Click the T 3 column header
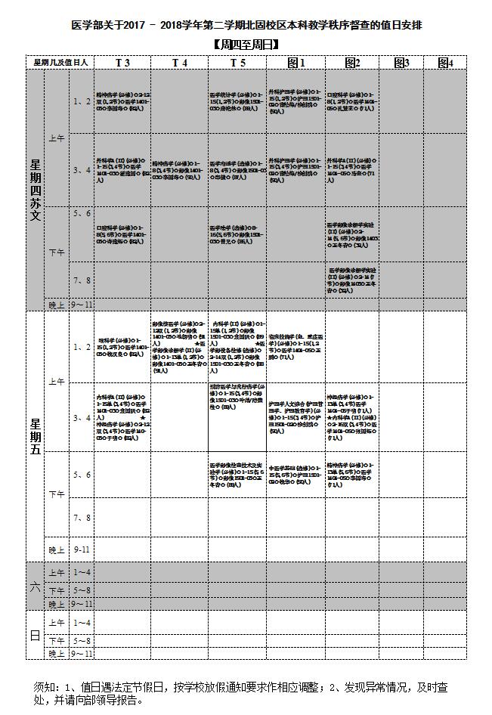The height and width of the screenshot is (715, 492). pyautogui.click(x=122, y=63)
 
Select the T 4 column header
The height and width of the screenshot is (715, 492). pyautogui.click(x=180, y=63)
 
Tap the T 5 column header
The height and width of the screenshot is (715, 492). pyautogui.click(x=237, y=63)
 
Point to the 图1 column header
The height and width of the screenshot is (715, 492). pyautogui.click(x=296, y=63)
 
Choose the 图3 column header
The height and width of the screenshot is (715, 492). pyautogui.click(x=401, y=63)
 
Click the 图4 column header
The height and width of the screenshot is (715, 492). pyautogui.click(x=445, y=63)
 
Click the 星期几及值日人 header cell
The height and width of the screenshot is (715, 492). pyautogui.click(x=60, y=63)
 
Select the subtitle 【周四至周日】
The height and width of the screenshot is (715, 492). pyautogui.click(x=246, y=45)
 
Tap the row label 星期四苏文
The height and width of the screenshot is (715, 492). pyautogui.click(x=35, y=189)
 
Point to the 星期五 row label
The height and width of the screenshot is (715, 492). pyautogui.click(x=35, y=435)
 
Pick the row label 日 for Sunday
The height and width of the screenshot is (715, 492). pyautogui.click(x=35, y=636)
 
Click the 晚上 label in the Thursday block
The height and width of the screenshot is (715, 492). pyautogui.click(x=57, y=305)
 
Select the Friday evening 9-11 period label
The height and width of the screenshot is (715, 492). pyautogui.click(x=81, y=549)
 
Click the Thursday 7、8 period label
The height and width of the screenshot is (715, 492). pyautogui.click(x=81, y=280)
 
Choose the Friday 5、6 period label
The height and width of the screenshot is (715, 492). pyautogui.click(x=81, y=475)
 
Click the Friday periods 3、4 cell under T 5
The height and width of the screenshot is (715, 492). pyautogui.click(x=237, y=417)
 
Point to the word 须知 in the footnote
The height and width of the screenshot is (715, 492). pyautogui.click(x=45, y=688)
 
